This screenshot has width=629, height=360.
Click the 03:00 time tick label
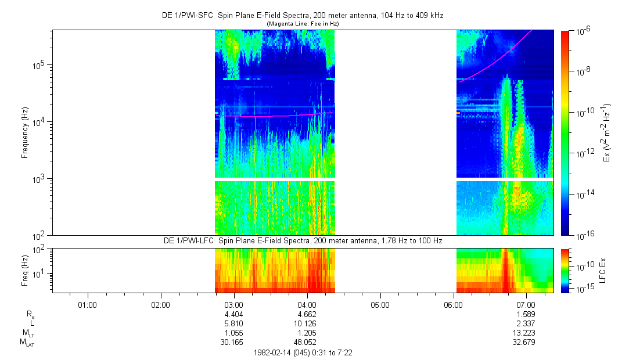[x=233, y=304]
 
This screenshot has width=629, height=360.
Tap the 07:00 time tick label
[x=526, y=304]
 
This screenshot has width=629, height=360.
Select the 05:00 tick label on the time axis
[x=380, y=304]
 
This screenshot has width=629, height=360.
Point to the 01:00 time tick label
[x=87, y=304]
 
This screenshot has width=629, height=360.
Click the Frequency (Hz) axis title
[x=26, y=132]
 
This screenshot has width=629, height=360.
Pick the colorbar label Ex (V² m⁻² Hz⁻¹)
[x=607, y=132]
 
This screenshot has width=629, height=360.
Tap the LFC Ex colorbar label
[x=604, y=270]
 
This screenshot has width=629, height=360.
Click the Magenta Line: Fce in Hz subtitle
[x=302, y=24]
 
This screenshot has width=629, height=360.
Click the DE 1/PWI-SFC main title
[x=302, y=16]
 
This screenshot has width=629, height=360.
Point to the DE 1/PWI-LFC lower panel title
[x=302, y=240]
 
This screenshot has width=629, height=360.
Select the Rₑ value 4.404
[x=233, y=314]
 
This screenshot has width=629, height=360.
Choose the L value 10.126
[x=307, y=323]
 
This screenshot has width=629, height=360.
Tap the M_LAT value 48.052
[x=307, y=342]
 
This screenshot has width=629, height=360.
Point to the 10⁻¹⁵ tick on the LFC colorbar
[x=583, y=289]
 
